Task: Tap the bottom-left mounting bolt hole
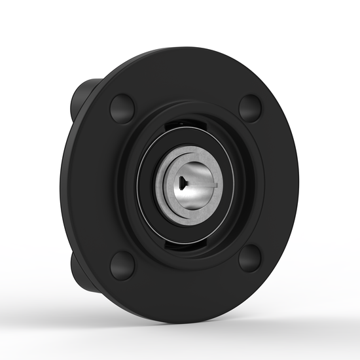point(122,264)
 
